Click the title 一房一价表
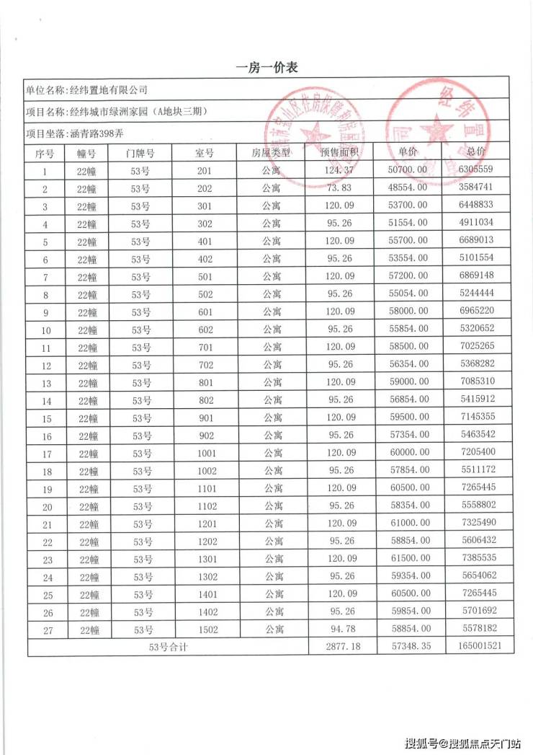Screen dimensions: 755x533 266,68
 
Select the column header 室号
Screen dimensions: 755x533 205,153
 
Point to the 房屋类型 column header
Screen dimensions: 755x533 271,153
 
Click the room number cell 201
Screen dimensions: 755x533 205,171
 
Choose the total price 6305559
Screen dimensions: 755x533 475,170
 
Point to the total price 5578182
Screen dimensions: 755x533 476,629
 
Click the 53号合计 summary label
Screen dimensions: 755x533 167,647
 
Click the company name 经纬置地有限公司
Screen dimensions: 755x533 108,90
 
